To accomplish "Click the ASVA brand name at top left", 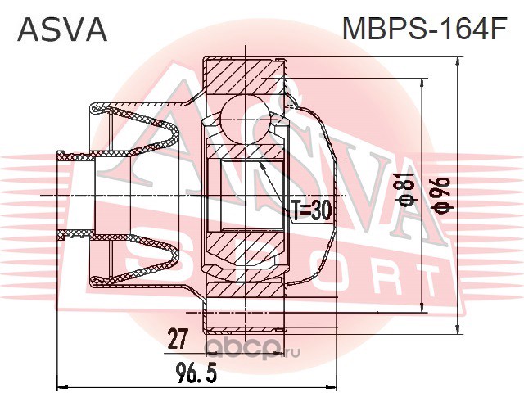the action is tap(62, 30).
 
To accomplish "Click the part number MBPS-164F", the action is tap(425, 29).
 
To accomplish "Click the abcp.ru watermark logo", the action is tap(252, 350).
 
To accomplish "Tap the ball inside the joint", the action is tap(246, 119).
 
